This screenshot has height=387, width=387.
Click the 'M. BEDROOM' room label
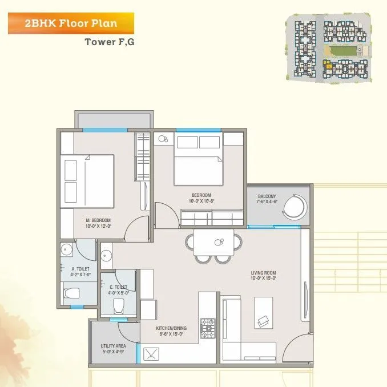pyautogui.click(x=98, y=220)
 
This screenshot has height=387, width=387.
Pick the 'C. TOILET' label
pyautogui.click(x=118, y=287)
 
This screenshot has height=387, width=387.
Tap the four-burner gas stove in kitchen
pyautogui.click(x=207, y=328)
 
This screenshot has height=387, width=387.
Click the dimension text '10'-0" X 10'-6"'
pyautogui.click(x=201, y=201)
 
